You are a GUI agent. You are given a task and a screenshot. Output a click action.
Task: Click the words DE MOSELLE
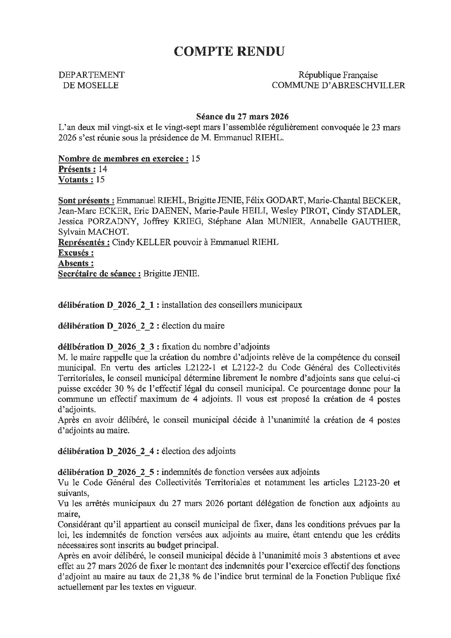click(x=90, y=86)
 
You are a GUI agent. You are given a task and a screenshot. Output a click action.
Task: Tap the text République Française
click(x=338, y=75)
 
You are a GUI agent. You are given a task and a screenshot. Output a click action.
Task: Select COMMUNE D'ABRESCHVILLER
click(x=338, y=86)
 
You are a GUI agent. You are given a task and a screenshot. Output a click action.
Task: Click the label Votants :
click(x=76, y=180)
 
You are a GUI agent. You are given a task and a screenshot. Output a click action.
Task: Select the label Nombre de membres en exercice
click(x=123, y=159)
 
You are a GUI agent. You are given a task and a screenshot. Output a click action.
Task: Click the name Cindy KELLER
click(x=141, y=242)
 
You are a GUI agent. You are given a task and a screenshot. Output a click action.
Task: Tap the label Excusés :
click(x=76, y=253)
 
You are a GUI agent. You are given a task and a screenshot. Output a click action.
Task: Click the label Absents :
click(x=76, y=263)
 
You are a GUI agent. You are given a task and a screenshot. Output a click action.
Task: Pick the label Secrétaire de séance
click(x=99, y=274)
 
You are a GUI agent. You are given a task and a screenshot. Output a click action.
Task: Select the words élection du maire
click(x=193, y=326)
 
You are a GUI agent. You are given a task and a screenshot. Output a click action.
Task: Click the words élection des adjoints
click(x=199, y=451)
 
